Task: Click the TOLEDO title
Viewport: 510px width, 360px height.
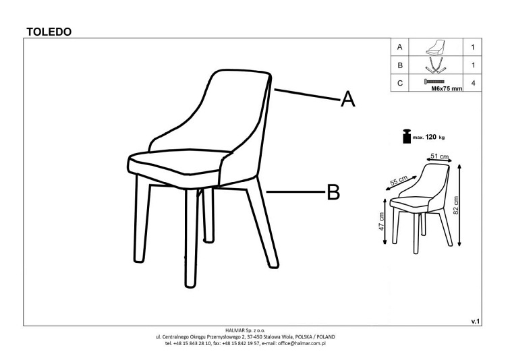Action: [x=49, y=32]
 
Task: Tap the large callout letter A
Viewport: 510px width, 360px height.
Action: [x=347, y=99]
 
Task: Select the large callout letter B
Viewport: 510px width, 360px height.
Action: [x=333, y=192]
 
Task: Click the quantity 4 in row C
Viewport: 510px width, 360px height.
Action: [x=473, y=83]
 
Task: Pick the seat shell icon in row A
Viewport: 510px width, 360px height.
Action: [x=435, y=47]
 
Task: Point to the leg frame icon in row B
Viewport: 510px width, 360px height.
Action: [x=434, y=65]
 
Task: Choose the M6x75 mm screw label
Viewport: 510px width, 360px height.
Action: [x=447, y=88]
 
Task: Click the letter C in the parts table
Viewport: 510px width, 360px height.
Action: [x=400, y=83]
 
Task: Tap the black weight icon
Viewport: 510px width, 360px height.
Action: [x=407, y=136]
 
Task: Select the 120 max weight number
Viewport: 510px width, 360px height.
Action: [x=430, y=137]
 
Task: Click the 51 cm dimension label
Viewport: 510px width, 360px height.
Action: [x=439, y=156]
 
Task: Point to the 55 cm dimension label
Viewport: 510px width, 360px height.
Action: [x=399, y=180]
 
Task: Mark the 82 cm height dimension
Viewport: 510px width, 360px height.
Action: [x=455, y=205]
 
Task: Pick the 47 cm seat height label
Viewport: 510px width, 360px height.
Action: [x=382, y=221]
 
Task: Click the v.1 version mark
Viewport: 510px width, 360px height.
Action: [x=475, y=322]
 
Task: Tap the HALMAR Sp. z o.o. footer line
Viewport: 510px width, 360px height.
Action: [x=246, y=330]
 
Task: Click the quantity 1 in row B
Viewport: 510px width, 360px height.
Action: [x=473, y=65]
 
